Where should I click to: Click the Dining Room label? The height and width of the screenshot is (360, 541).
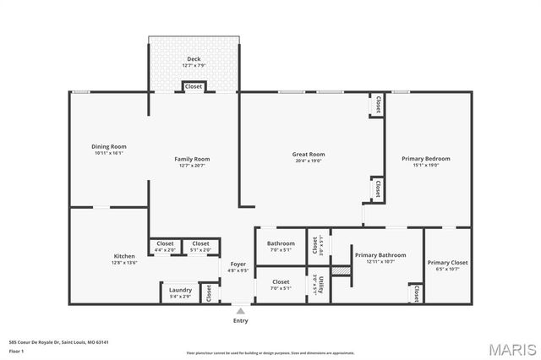(x=108, y=147)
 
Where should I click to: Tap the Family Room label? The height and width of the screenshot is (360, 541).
(x=193, y=159)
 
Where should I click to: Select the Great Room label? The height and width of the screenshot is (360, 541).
(x=309, y=155)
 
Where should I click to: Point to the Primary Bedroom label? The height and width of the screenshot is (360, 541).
(x=426, y=159)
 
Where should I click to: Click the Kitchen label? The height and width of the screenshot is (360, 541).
(x=124, y=256)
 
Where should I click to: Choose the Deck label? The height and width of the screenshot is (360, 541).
(x=194, y=59)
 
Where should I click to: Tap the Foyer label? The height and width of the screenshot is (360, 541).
(x=238, y=265)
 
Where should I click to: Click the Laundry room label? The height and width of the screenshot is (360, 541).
(x=181, y=290)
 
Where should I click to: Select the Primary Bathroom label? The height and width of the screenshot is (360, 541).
(x=380, y=255)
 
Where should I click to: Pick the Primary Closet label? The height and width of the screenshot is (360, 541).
(x=447, y=263)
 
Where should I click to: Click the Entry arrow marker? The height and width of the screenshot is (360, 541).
(x=241, y=311)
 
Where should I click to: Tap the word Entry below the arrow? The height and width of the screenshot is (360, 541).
(x=241, y=321)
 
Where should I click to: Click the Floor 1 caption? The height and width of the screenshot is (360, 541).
(x=16, y=350)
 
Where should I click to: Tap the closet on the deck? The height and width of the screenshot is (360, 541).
(x=194, y=86)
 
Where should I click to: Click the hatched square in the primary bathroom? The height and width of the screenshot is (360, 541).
(x=340, y=270)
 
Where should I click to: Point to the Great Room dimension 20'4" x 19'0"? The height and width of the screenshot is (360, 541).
(x=309, y=161)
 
